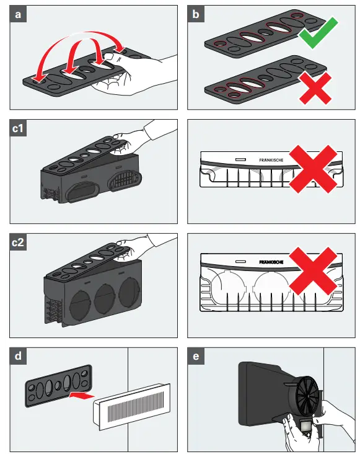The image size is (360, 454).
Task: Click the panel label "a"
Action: (18, 14)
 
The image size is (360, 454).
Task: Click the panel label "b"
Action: (196, 14)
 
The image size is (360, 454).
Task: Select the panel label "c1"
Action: (18, 128)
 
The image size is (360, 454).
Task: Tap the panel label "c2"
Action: (18, 242)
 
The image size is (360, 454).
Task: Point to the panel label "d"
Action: (18, 356)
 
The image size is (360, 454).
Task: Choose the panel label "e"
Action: (196, 356)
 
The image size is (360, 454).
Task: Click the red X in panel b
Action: (315, 88)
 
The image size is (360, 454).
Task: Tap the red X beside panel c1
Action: (313, 169)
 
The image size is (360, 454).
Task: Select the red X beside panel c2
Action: (313, 271)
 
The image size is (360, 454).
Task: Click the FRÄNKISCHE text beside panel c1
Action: (271, 160)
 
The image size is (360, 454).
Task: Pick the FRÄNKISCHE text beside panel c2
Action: (271, 262)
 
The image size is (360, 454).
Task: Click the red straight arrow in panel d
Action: (82, 396)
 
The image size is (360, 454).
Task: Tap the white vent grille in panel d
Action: (132, 407)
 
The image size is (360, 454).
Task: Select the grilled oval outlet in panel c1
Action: (125, 179)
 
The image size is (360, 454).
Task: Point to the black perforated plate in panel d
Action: (59, 386)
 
